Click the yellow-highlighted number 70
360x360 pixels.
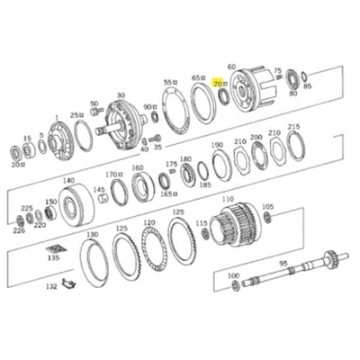coord(217,82)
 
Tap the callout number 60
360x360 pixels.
coord(231,67)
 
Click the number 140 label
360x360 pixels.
coord(68,181)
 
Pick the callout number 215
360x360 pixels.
coord(293,128)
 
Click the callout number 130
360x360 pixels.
coord(92,234)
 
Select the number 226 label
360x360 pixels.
coord(19,229)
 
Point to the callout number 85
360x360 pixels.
coord(308,86)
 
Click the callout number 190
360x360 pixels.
coord(217,145)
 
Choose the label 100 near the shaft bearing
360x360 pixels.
coord(233,275)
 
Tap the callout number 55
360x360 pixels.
coord(167,82)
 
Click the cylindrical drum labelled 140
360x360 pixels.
coord(74,206)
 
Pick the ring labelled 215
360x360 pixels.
coord(295,145)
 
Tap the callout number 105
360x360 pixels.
coord(267,207)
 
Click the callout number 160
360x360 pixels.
coord(138,167)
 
